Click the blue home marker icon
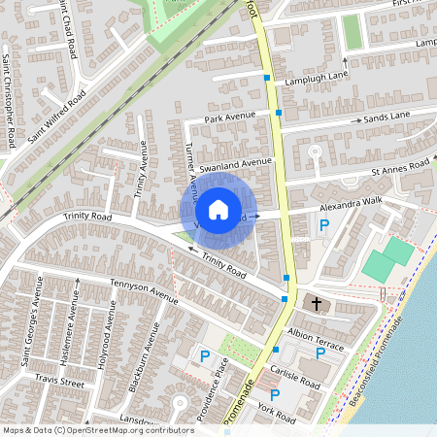[218, 209]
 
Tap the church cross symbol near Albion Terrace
[315, 304]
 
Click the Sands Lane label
[387, 116]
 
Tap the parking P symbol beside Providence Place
[205, 357]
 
